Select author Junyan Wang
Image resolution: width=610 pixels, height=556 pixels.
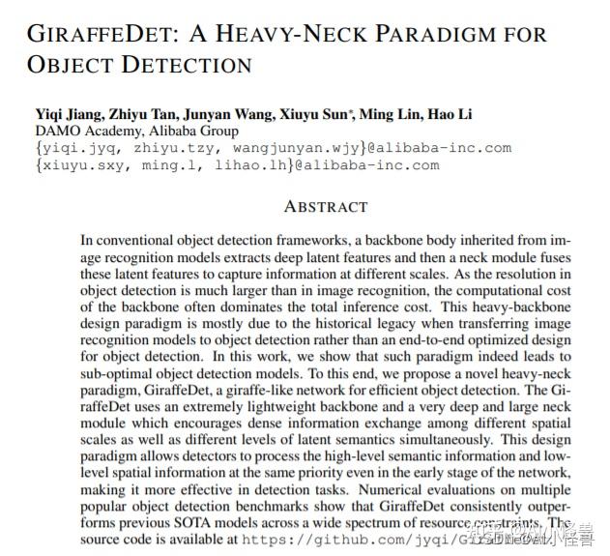click(237, 114)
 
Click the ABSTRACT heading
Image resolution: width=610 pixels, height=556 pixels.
click(326, 206)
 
